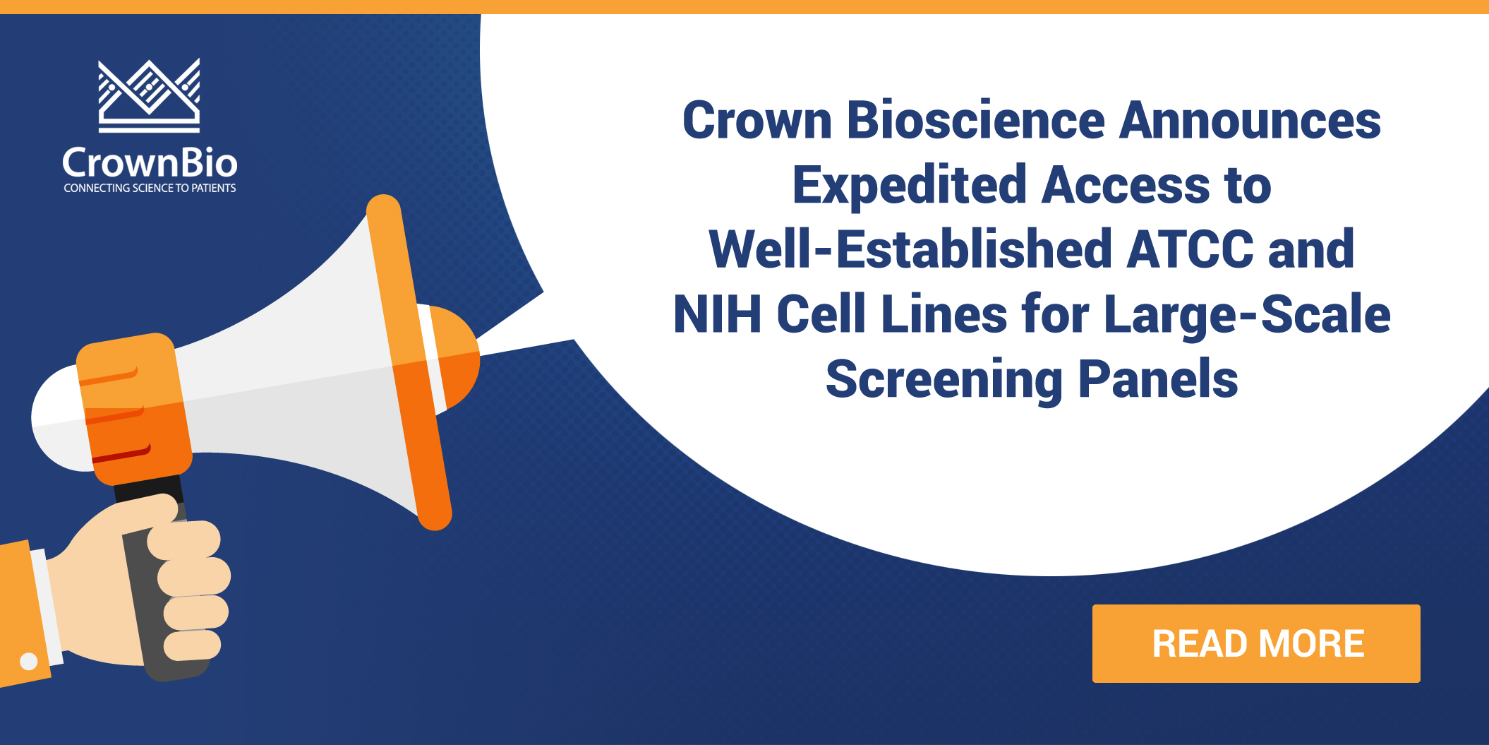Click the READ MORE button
[1256, 643]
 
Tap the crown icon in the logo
[149, 95]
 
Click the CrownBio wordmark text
[150, 163]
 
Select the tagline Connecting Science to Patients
[150, 189]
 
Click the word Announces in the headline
[1250, 121]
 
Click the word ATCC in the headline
[1190, 250]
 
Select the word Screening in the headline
[944, 380]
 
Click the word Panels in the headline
[1158, 380]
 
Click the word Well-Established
[910, 250]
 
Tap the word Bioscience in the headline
[975, 121]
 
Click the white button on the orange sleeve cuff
[29, 661]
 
